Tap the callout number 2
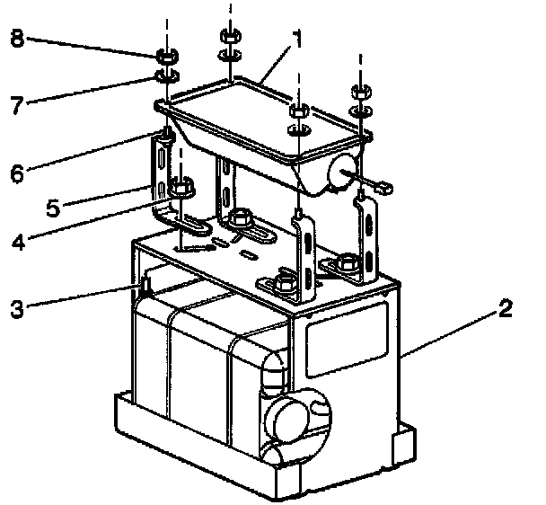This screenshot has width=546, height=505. pos(506,310)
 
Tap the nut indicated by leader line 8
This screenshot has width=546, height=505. pos(164,57)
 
